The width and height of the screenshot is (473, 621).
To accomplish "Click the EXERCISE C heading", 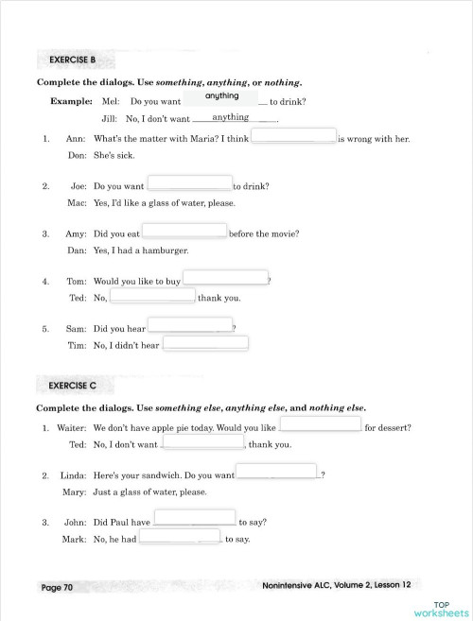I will pos(73,386).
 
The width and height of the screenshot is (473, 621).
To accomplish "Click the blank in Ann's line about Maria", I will pos(293,136).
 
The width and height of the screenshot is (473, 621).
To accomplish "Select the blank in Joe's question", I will pos(189,183).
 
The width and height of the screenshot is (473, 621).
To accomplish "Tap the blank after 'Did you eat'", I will pos(184,231).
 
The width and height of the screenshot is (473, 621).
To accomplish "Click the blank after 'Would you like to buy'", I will pos(225,279).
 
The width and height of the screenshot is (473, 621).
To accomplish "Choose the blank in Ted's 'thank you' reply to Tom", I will pos(152,297).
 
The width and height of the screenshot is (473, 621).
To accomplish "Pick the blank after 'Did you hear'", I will pos(190,326).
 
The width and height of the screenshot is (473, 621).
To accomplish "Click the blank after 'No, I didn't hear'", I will pos(205,344).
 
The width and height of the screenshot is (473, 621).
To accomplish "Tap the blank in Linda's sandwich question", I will pos(276,472).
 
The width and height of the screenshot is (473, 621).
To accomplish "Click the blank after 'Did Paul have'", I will pos(194,518).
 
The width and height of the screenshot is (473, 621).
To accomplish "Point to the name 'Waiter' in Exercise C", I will pos(72,427).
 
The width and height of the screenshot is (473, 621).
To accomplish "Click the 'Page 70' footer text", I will pos(57,588).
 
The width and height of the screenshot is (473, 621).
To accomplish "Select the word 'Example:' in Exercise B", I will pos(72,101).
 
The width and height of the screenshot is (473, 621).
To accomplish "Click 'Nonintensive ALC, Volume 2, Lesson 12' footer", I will pos(338,587).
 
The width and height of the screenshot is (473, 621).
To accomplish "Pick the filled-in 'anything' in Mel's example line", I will pos(221,96).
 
